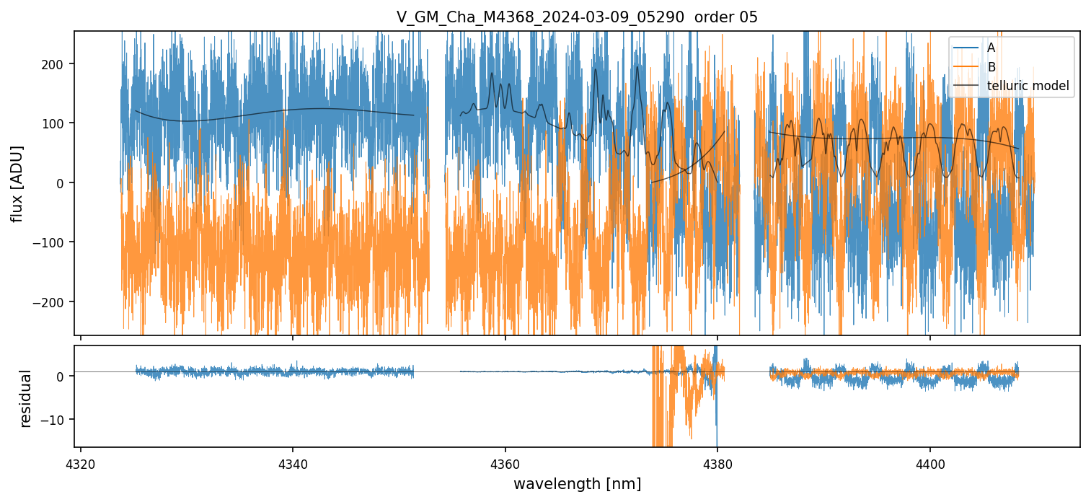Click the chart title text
coord(577,17)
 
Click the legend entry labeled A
coord(991,48)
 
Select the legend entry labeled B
coord(991,67)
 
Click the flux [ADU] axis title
coord(17,183)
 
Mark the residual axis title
coord(26,398)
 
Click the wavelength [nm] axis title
coord(577,483)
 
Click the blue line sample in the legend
coord(966,48)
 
